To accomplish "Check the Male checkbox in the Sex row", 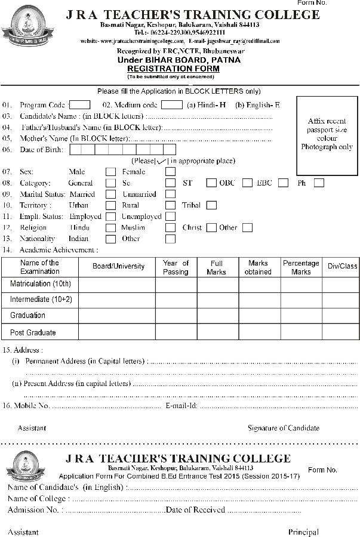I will [110, 172].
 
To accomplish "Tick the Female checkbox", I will [170, 172].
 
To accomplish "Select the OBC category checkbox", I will [247, 183].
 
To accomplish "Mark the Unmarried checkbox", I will [170, 194].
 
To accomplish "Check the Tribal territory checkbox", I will [211, 205].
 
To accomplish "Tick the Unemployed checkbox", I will [170, 217].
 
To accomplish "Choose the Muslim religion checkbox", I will [170, 227].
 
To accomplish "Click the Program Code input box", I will [80, 105].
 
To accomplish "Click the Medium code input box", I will [172, 105].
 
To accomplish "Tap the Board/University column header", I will [118, 267].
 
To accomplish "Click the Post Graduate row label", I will [33, 332].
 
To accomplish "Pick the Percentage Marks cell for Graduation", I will [301, 315].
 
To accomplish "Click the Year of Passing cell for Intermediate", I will [176, 300].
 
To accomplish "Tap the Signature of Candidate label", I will [284, 428].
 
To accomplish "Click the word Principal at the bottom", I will [303, 532].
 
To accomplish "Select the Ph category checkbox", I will [319, 183].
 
